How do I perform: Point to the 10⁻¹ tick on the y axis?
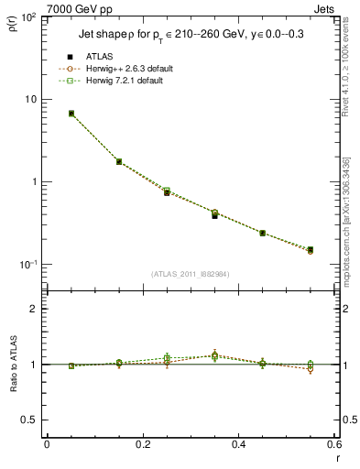coord(29,265)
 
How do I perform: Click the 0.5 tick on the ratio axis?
coord(31,420)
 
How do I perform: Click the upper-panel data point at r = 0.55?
coord(311,249)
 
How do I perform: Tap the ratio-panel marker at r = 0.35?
coord(214,355)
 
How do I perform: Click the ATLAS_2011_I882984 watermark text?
coord(190,274)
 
